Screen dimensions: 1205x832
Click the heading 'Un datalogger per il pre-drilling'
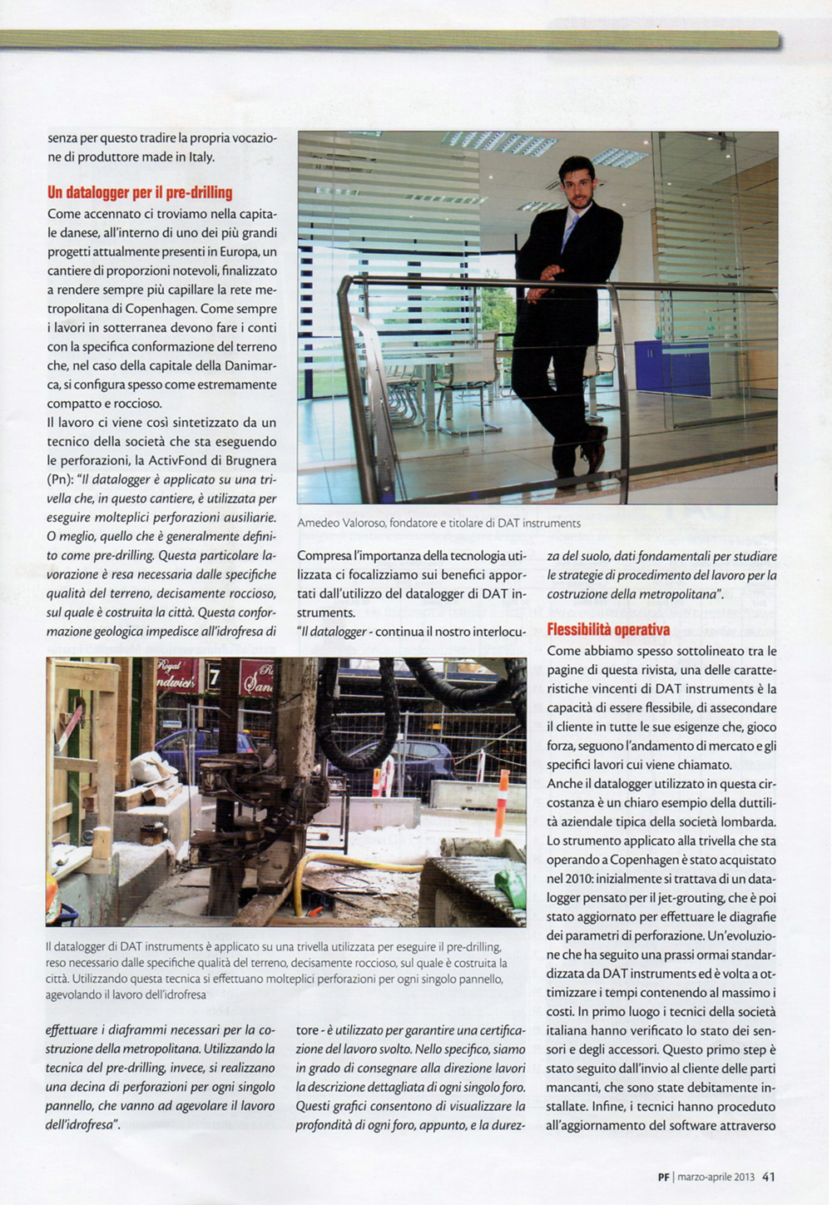(140, 192)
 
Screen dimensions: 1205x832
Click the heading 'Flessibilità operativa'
(608, 630)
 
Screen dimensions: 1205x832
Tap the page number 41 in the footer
(769, 1177)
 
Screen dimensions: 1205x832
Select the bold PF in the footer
(664, 1177)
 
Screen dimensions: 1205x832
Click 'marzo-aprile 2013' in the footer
(716, 1177)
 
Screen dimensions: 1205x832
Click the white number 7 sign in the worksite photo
(214, 677)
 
